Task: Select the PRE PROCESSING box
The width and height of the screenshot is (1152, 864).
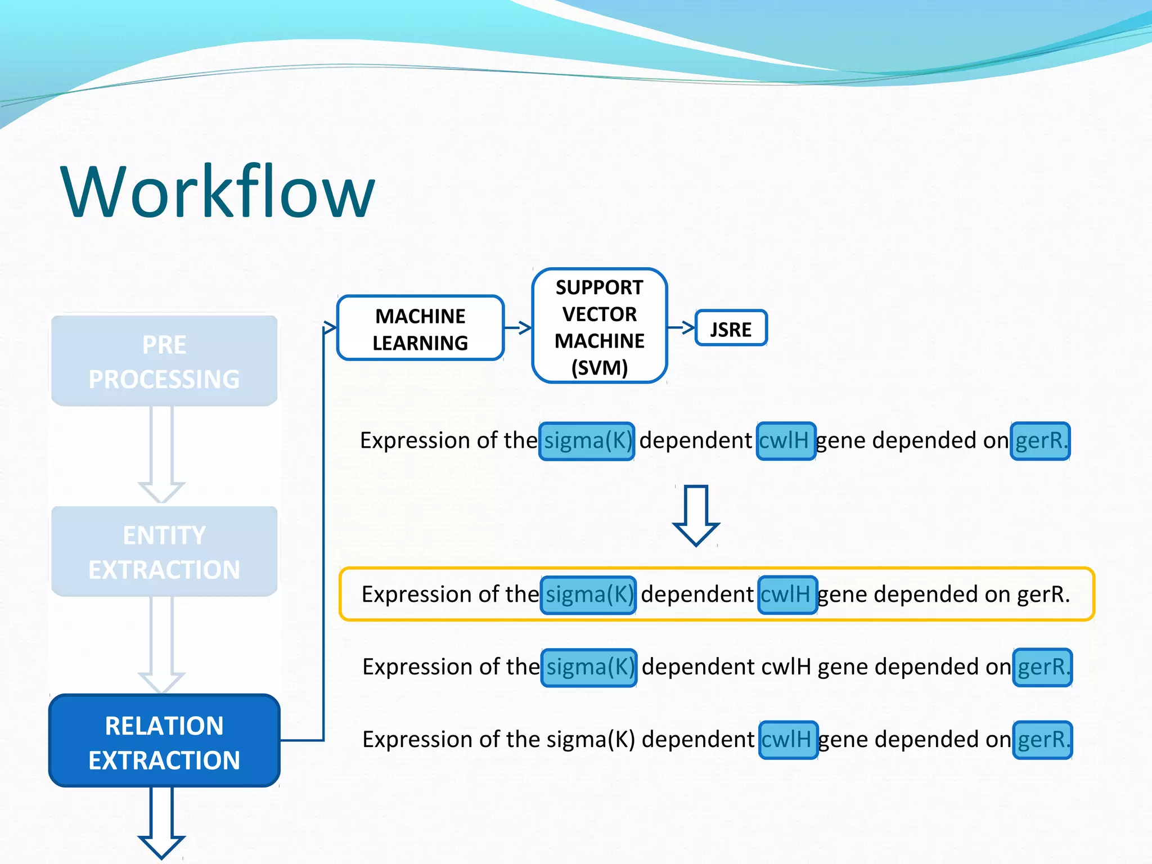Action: click(x=164, y=361)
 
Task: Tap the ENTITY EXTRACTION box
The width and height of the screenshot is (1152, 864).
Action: click(x=164, y=552)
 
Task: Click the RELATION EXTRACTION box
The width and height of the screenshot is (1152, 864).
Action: click(x=164, y=741)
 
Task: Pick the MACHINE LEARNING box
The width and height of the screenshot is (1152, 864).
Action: click(x=420, y=328)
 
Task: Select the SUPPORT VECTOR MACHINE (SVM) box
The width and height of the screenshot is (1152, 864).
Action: click(x=599, y=327)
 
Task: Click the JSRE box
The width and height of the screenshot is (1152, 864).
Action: click(x=731, y=328)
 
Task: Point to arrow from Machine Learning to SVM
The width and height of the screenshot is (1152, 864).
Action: click(x=518, y=327)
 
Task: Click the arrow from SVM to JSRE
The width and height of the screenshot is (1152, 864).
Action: click(x=681, y=327)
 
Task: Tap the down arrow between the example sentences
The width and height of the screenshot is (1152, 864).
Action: click(x=696, y=515)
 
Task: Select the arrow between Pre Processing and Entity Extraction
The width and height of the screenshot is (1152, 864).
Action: click(x=161, y=453)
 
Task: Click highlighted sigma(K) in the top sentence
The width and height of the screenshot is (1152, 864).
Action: click(x=587, y=441)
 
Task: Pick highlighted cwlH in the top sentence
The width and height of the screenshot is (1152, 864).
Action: click(x=785, y=441)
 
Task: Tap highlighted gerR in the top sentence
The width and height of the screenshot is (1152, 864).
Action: click(x=1039, y=441)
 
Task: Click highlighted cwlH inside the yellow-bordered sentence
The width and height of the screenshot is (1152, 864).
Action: click(x=787, y=595)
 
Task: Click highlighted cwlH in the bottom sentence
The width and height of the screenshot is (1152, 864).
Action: click(x=787, y=740)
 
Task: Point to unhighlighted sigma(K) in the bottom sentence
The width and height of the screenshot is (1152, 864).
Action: click(x=590, y=740)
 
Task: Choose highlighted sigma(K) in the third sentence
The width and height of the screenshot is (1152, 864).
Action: click(x=589, y=667)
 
